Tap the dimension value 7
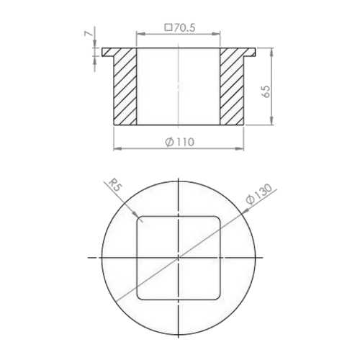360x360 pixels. (x=89, y=34)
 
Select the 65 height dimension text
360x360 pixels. (x=266, y=91)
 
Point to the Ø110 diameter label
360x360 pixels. (x=179, y=142)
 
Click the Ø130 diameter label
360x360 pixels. (x=259, y=194)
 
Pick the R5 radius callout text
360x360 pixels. (x=115, y=185)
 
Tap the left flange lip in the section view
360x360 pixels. (x=108, y=52)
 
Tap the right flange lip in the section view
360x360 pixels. (x=250, y=52)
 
